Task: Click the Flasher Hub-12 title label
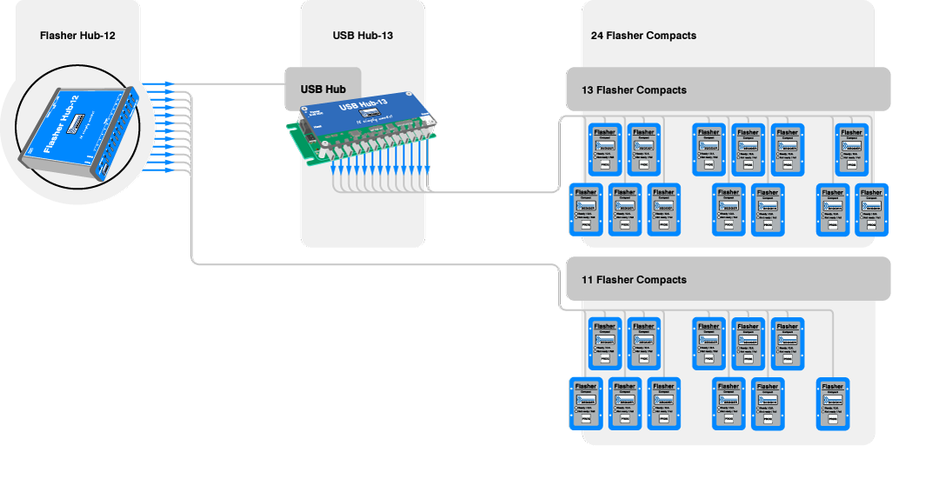(78, 36)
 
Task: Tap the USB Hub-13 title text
(363, 36)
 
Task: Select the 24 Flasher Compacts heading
(643, 36)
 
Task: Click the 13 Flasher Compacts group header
(634, 90)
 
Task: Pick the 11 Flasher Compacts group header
(634, 280)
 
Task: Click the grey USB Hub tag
(323, 89)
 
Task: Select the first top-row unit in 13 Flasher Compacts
(605, 149)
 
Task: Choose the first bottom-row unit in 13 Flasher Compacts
(585, 209)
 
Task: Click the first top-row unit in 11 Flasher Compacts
(605, 343)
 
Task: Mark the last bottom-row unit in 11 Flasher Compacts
(832, 403)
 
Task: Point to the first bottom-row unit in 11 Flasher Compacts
(585, 403)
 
